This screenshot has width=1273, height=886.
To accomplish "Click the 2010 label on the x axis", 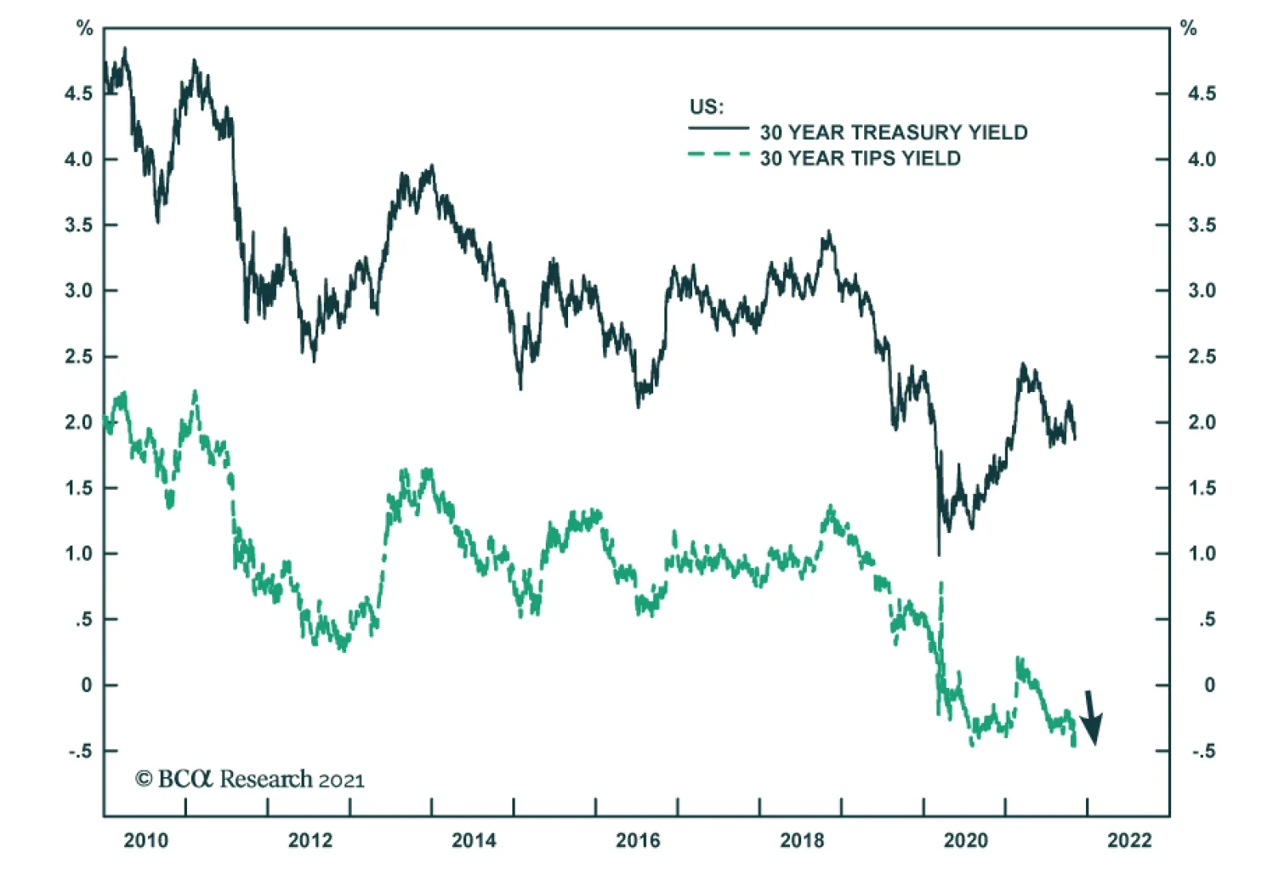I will (146, 840).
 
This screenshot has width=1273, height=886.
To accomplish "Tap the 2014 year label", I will (473, 840).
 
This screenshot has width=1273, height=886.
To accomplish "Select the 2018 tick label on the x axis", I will (802, 840).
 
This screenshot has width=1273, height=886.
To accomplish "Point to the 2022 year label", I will (1129, 840).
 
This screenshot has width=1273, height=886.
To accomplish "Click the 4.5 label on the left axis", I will (78, 94).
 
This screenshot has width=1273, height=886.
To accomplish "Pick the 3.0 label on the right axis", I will (1201, 291).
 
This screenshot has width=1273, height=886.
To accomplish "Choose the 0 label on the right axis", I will (1209, 686).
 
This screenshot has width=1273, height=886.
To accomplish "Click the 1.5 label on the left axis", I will (78, 488).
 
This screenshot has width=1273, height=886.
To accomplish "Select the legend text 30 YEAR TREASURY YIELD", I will (893, 132).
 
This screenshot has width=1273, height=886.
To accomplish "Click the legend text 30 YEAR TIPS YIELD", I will (859, 158).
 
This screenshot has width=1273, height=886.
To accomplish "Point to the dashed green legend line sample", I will (718, 154).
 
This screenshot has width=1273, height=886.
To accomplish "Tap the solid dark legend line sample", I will (718, 128).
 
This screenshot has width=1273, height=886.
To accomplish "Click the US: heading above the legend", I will (706, 107).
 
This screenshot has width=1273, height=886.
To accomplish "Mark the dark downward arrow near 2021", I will (1092, 717).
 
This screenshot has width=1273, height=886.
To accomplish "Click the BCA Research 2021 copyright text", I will (249, 779).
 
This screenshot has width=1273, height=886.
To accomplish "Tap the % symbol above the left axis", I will (84, 29).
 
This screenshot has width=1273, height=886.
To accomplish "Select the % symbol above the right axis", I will (1189, 29).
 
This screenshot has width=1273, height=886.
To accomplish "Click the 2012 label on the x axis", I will (309, 840).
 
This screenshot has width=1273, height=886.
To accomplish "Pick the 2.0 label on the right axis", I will (1201, 422).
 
